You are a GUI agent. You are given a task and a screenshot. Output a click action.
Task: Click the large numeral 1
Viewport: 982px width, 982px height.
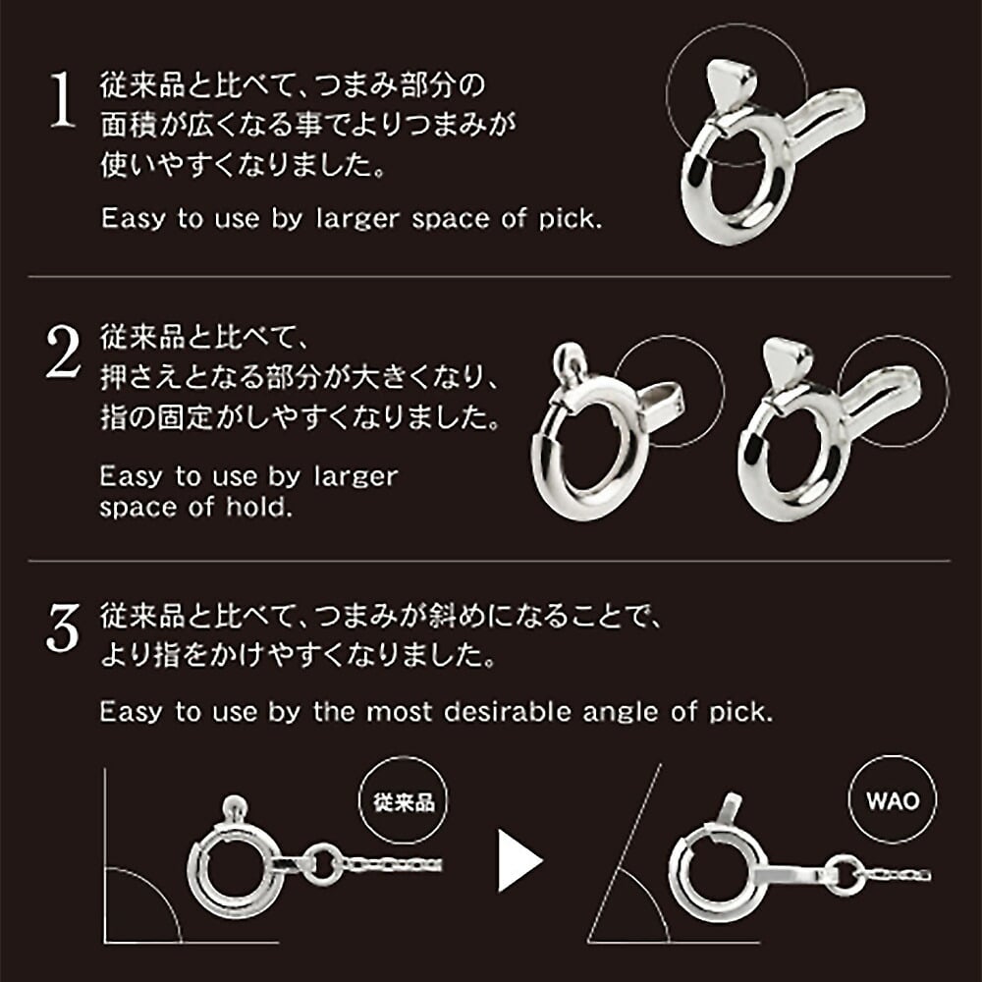63,99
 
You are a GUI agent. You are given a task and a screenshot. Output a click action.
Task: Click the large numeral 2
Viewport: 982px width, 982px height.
63,352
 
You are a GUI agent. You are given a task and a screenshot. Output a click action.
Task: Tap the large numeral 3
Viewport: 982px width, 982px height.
63,627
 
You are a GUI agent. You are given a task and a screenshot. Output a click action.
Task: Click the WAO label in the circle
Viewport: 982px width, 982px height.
893,801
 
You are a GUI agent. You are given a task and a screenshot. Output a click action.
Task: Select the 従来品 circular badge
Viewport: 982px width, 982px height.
404,799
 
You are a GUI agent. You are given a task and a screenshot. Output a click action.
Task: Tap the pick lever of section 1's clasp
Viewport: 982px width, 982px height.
731,85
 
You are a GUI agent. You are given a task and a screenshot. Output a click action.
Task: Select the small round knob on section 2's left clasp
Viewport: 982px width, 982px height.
569,356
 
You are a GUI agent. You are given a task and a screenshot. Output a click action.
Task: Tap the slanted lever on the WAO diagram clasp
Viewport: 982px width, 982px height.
729,810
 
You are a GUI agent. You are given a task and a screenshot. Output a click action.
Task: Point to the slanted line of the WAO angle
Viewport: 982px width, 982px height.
625,853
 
